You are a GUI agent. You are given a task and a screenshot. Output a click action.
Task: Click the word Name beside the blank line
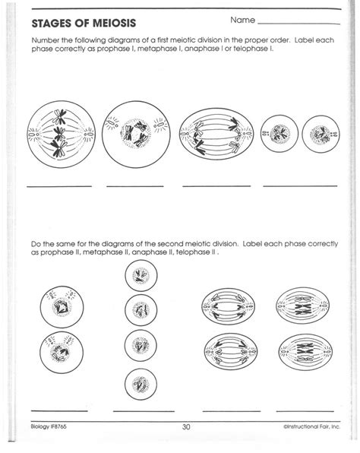243,21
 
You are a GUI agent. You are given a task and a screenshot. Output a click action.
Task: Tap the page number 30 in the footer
186,426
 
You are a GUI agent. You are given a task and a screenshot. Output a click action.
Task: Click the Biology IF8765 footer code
49,426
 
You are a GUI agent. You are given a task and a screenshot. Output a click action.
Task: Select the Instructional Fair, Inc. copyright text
312,426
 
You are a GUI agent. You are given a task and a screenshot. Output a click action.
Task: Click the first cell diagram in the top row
62,135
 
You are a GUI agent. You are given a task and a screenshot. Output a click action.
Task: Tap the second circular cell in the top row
136,135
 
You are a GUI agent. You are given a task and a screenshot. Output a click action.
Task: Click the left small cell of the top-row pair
279,134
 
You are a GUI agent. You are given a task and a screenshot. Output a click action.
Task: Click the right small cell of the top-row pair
321,134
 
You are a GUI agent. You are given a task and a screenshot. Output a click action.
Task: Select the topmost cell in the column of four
141,275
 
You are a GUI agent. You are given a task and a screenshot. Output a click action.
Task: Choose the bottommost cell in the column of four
141,385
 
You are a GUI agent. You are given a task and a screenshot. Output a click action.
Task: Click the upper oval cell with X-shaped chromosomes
303,305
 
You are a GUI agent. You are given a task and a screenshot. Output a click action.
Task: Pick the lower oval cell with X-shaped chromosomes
305,352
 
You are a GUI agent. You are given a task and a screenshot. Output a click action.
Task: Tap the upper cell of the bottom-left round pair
62,307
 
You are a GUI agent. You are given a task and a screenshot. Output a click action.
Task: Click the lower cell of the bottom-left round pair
62,352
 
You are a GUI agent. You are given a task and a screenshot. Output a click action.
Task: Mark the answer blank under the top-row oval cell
216,186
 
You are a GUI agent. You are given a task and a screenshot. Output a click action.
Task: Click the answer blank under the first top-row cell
59,186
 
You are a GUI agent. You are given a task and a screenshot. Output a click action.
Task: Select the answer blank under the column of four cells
144,411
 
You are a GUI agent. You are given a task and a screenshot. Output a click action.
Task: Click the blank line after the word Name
298,24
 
